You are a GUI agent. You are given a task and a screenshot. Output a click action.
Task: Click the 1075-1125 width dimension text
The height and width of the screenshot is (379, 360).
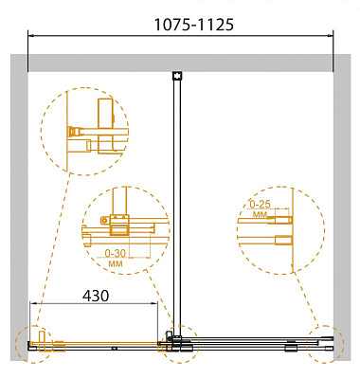coord(194,25)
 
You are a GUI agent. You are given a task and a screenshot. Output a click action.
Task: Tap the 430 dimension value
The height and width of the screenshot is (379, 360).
coord(96,296)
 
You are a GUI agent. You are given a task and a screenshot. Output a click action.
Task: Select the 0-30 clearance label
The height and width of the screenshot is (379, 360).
coord(116,253)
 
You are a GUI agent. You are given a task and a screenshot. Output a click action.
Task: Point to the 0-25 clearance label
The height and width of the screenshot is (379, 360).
coord(261,205)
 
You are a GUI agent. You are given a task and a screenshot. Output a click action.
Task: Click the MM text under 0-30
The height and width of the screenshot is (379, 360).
coord(116,263)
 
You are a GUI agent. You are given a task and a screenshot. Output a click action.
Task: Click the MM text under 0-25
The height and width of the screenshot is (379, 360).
coord(260,215)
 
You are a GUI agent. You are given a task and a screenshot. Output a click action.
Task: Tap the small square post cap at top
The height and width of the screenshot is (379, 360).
coord(177,76)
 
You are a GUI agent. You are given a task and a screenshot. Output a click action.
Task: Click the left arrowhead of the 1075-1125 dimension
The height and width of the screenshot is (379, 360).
coord(31,35)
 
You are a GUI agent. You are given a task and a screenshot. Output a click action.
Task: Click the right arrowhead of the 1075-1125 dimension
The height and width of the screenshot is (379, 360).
coord(331,35)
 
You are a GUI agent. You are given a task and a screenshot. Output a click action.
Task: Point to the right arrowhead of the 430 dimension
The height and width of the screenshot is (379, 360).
coord(154,303)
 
